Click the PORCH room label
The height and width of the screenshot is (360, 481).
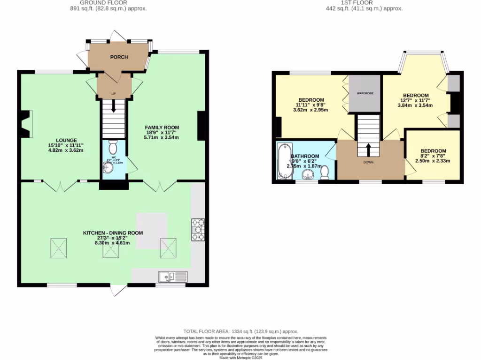click(119, 57)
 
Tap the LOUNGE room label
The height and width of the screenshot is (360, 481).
click(63, 140)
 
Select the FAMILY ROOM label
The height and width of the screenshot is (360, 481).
click(162, 127)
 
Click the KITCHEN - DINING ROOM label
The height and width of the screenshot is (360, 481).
click(113, 233)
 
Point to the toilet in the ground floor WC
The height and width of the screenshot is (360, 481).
click(113, 148)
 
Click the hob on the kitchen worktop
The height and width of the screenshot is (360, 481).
click(198, 230)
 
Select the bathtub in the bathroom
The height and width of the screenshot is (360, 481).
click(284, 161)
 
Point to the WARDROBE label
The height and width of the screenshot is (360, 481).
click(365, 93)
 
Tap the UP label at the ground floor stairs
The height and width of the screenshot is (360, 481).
click(113, 94)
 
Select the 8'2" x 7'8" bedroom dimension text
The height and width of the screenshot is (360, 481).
click(433, 161)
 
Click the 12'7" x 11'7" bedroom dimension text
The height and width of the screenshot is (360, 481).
click(415, 100)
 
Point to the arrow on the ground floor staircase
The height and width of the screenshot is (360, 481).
click(113, 107)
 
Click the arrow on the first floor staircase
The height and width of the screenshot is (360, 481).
click(368, 149)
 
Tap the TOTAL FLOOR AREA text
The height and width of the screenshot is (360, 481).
click(240, 331)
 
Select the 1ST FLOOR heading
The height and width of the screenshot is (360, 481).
click(365, 2)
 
